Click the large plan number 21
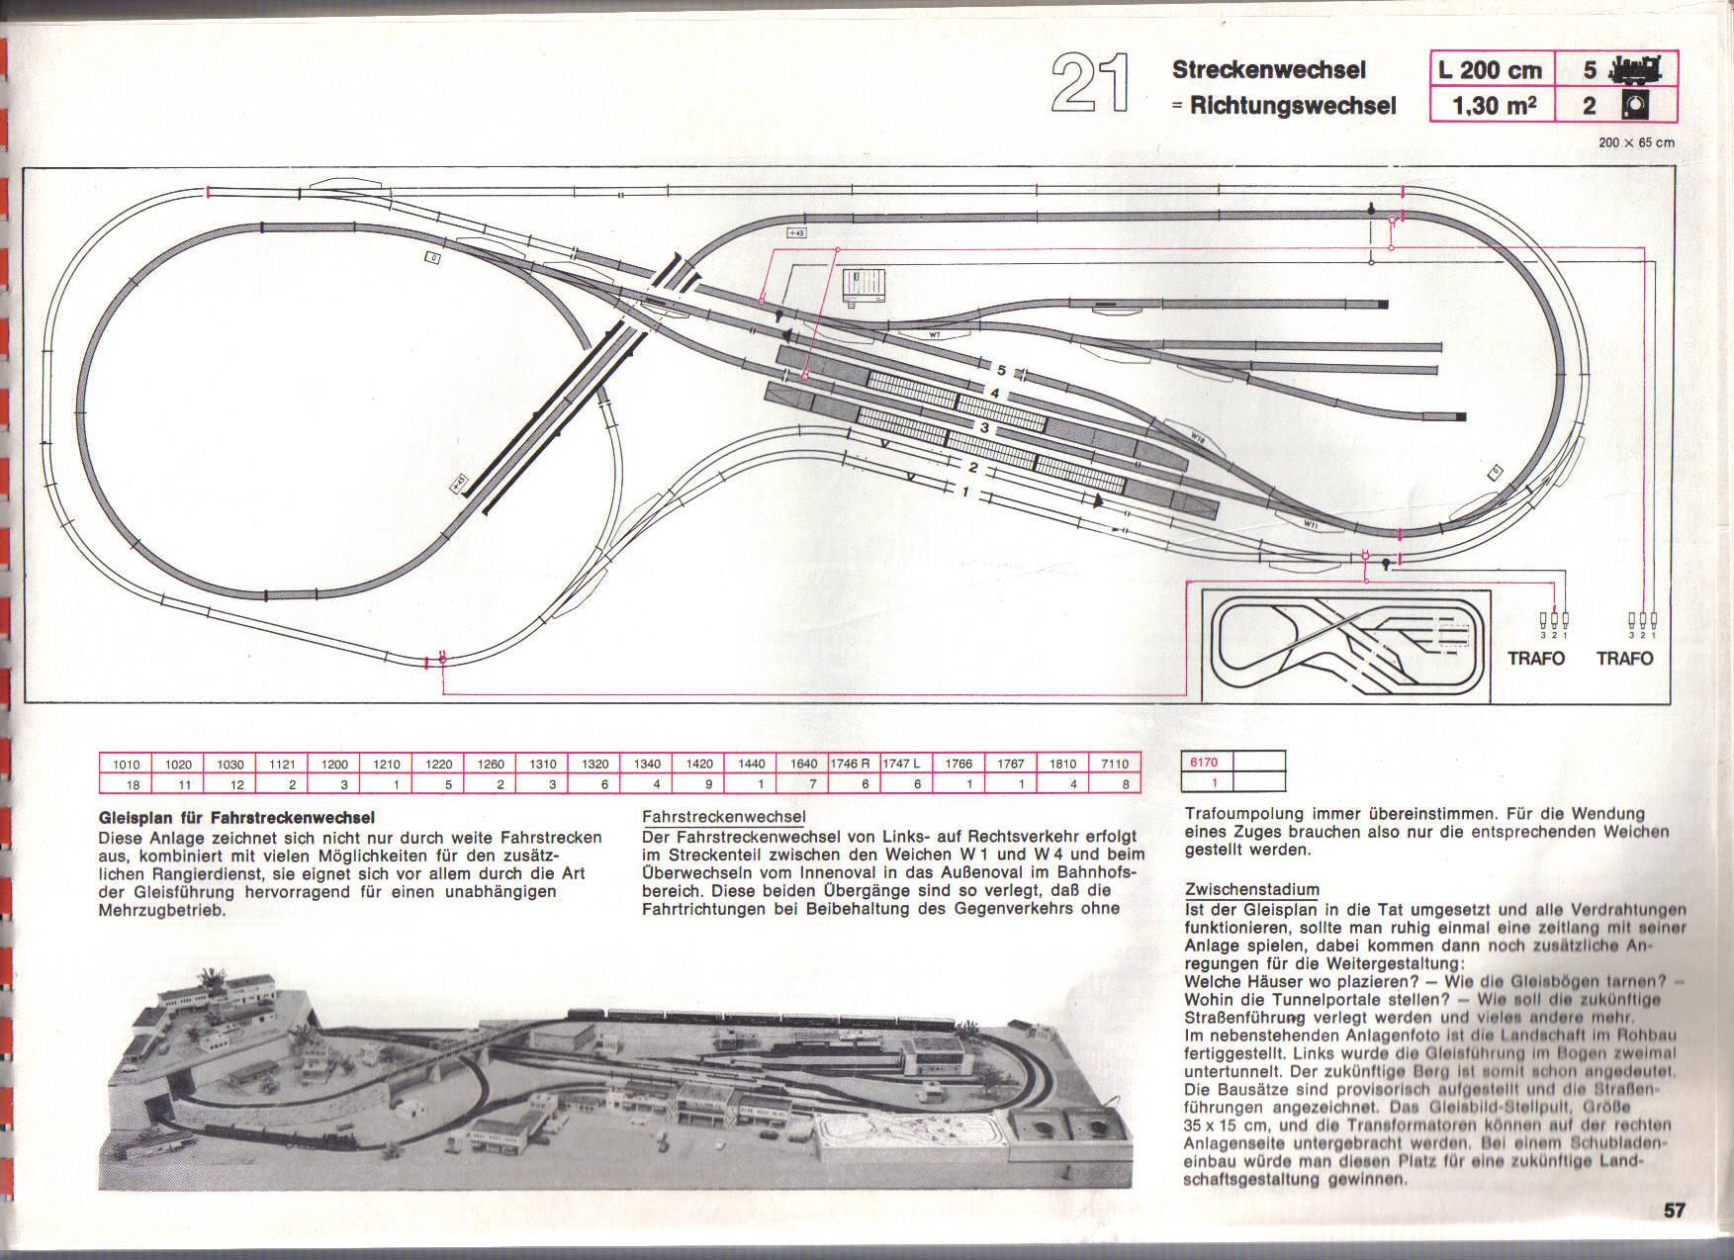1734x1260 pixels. pos(1090,84)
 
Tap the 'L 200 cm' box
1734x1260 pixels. pos(1492,70)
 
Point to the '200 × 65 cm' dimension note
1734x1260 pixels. pos(1636,142)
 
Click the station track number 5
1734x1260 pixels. pos(1001,371)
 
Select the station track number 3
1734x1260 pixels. pos(984,428)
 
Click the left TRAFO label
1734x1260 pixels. pos(1536,659)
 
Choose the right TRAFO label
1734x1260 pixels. pos(1624,659)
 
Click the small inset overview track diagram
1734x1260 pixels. pos(1345,645)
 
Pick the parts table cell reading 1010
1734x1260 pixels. pos(126,765)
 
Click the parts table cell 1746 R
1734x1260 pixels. pos(850,765)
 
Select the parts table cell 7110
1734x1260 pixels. pos(1114,765)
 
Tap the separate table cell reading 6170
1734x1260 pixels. pos(1204,763)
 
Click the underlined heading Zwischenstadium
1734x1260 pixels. pos(1251,890)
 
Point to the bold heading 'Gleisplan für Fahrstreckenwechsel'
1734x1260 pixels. pos(236,818)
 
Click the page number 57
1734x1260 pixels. pos(1674,1211)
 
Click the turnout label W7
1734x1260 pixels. pos(934,335)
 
